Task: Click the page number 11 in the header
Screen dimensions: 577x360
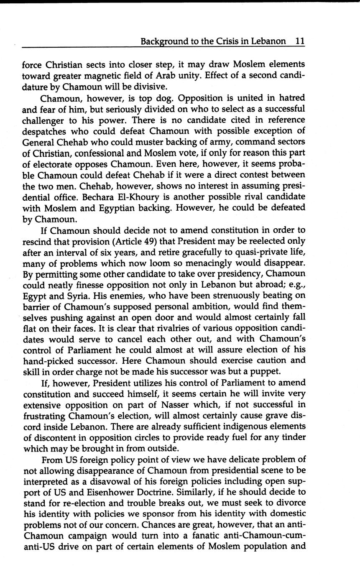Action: [x=300, y=41]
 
